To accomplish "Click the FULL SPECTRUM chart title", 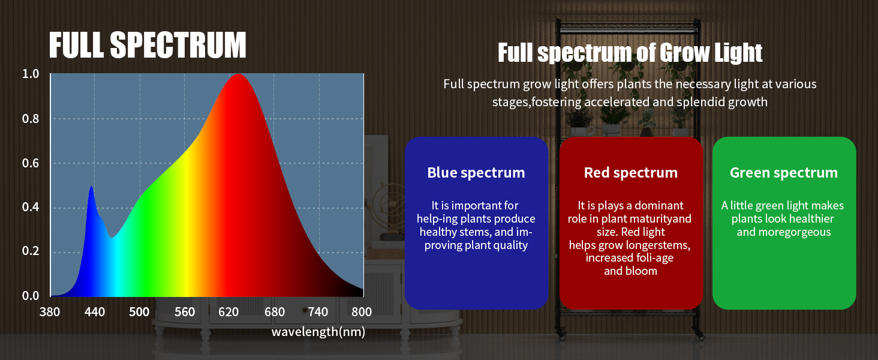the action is pos(148,45).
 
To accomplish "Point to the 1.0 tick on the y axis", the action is pos(31,74).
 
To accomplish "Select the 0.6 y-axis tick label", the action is pos(31,163).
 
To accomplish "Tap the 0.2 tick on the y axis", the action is pos(31,251).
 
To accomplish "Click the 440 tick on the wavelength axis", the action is pos(95,312).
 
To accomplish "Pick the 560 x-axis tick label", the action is pos(185,312).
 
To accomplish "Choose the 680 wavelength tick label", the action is pos(275,312).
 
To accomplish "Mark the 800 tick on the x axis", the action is pos(362,312).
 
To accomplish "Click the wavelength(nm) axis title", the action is pos(318,332).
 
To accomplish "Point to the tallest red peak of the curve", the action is pos(238,74).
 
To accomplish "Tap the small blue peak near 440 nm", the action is pos(91,187).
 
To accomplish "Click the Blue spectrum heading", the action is pos(476,173).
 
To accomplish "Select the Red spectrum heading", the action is pos(631,173).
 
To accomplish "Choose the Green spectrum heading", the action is pos(784,173).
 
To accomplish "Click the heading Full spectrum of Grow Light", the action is pos(630,53).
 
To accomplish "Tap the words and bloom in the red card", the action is pos(631,271).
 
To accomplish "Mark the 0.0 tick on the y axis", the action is pos(31,296).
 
